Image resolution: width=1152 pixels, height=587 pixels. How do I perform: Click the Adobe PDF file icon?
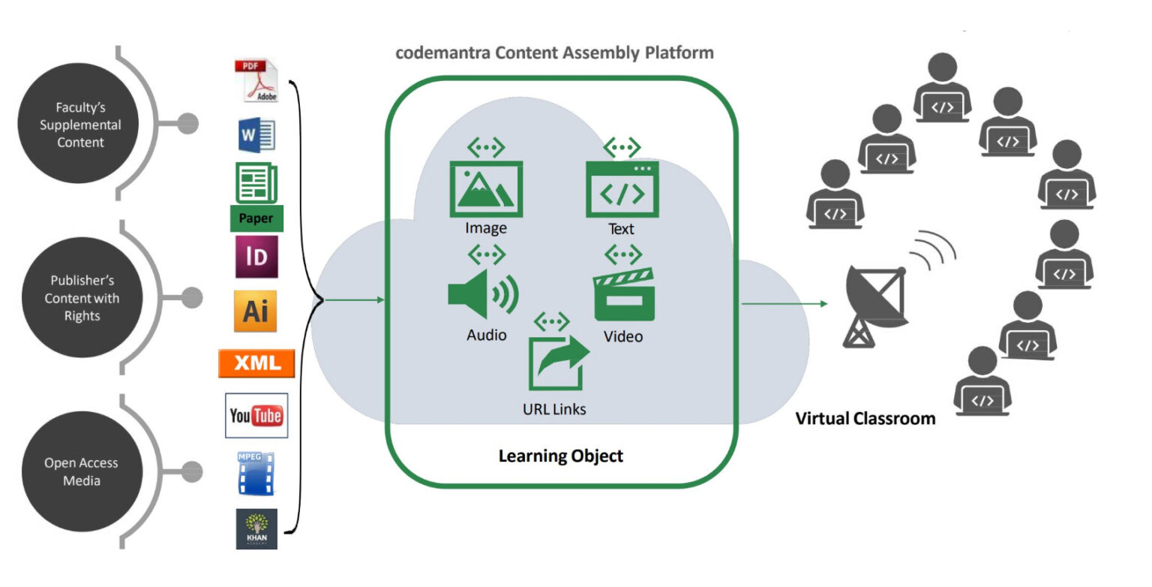click(x=256, y=82)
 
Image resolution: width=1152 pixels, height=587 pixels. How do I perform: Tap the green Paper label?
click(x=256, y=218)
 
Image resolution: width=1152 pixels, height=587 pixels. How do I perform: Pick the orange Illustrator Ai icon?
click(x=256, y=311)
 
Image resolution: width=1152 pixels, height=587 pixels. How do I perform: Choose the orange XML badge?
click(x=256, y=363)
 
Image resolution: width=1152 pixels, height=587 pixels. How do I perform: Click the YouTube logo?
click(x=256, y=415)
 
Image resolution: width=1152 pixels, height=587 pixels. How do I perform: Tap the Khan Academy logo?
click(x=256, y=528)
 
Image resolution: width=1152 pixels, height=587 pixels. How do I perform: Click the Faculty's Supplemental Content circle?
click(x=80, y=125)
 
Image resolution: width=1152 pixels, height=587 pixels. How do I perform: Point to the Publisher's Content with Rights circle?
click(x=82, y=298)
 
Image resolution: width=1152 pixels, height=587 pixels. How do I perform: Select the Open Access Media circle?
click(x=81, y=471)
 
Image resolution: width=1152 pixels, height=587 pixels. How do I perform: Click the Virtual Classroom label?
click(x=865, y=418)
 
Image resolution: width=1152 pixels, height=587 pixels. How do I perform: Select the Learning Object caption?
click(x=560, y=456)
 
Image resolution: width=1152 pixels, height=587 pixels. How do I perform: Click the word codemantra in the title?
click(x=437, y=53)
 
